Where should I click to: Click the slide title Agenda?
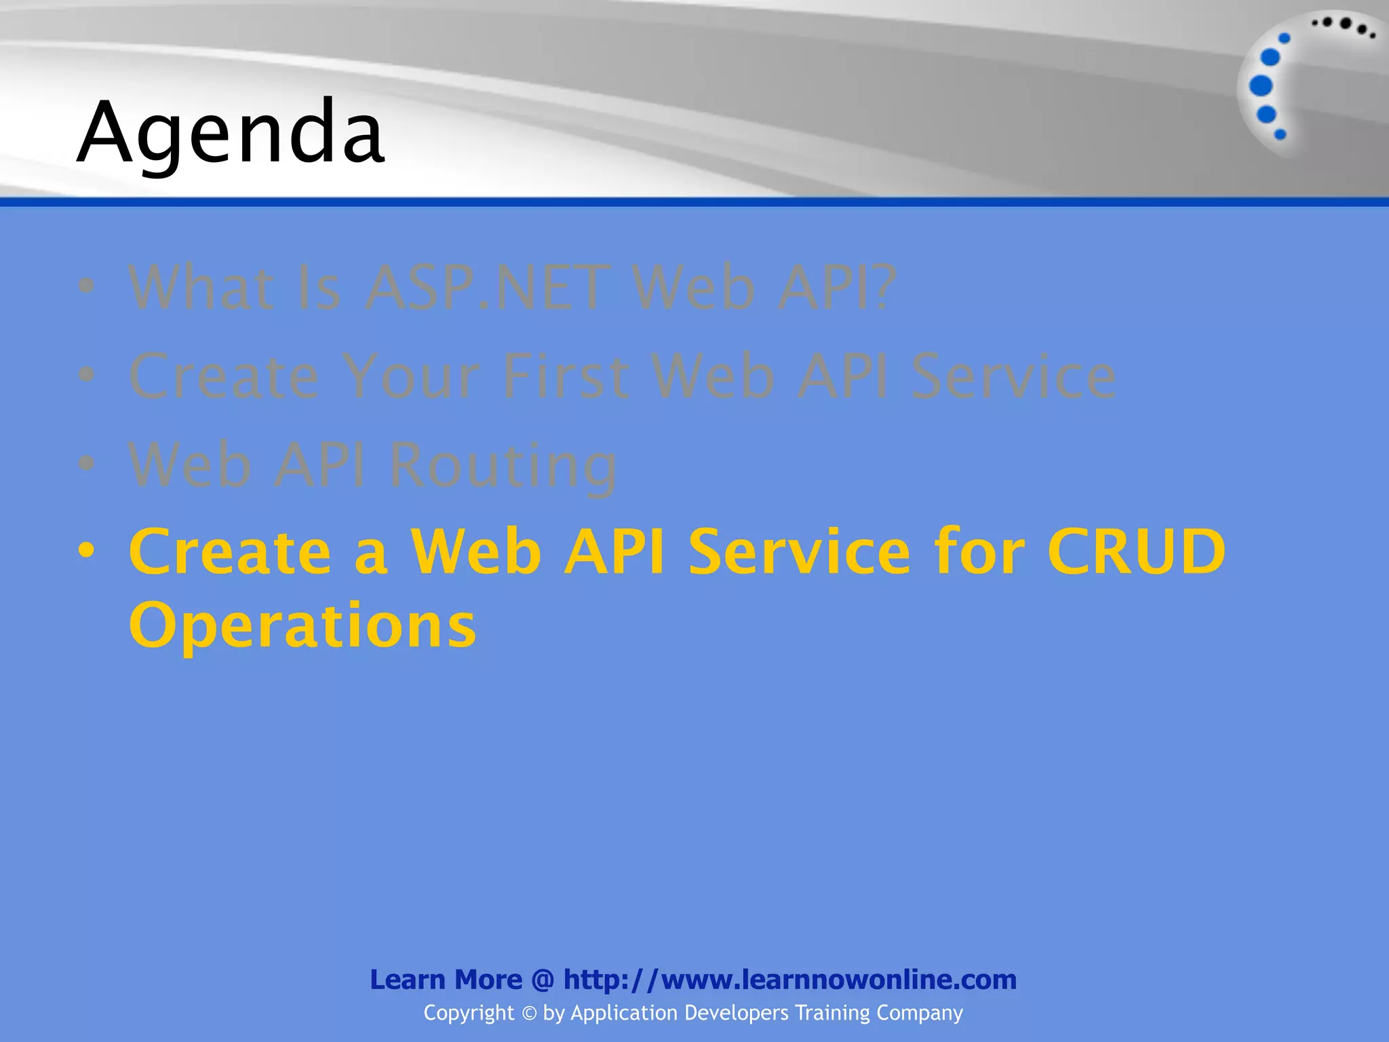(x=231, y=133)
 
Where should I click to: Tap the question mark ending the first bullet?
(x=881, y=288)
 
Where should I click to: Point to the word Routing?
(x=503, y=465)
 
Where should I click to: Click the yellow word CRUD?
(x=1136, y=552)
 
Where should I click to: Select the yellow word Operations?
(x=302, y=625)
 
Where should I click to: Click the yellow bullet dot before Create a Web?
(x=86, y=550)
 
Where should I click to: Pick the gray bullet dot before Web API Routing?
(x=86, y=463)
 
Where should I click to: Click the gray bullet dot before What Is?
(x=86, y=286)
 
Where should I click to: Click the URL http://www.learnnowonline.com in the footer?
(x=789, y=980)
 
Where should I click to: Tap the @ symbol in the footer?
(x=543, y=980)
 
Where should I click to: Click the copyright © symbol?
(x=529, y=1014)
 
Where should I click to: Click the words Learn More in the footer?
(x=446, y=980)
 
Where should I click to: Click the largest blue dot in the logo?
(x=1261, y=86)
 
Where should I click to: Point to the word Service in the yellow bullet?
(x=800, y=552)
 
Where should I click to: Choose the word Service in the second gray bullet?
(x=1013, y=376)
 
